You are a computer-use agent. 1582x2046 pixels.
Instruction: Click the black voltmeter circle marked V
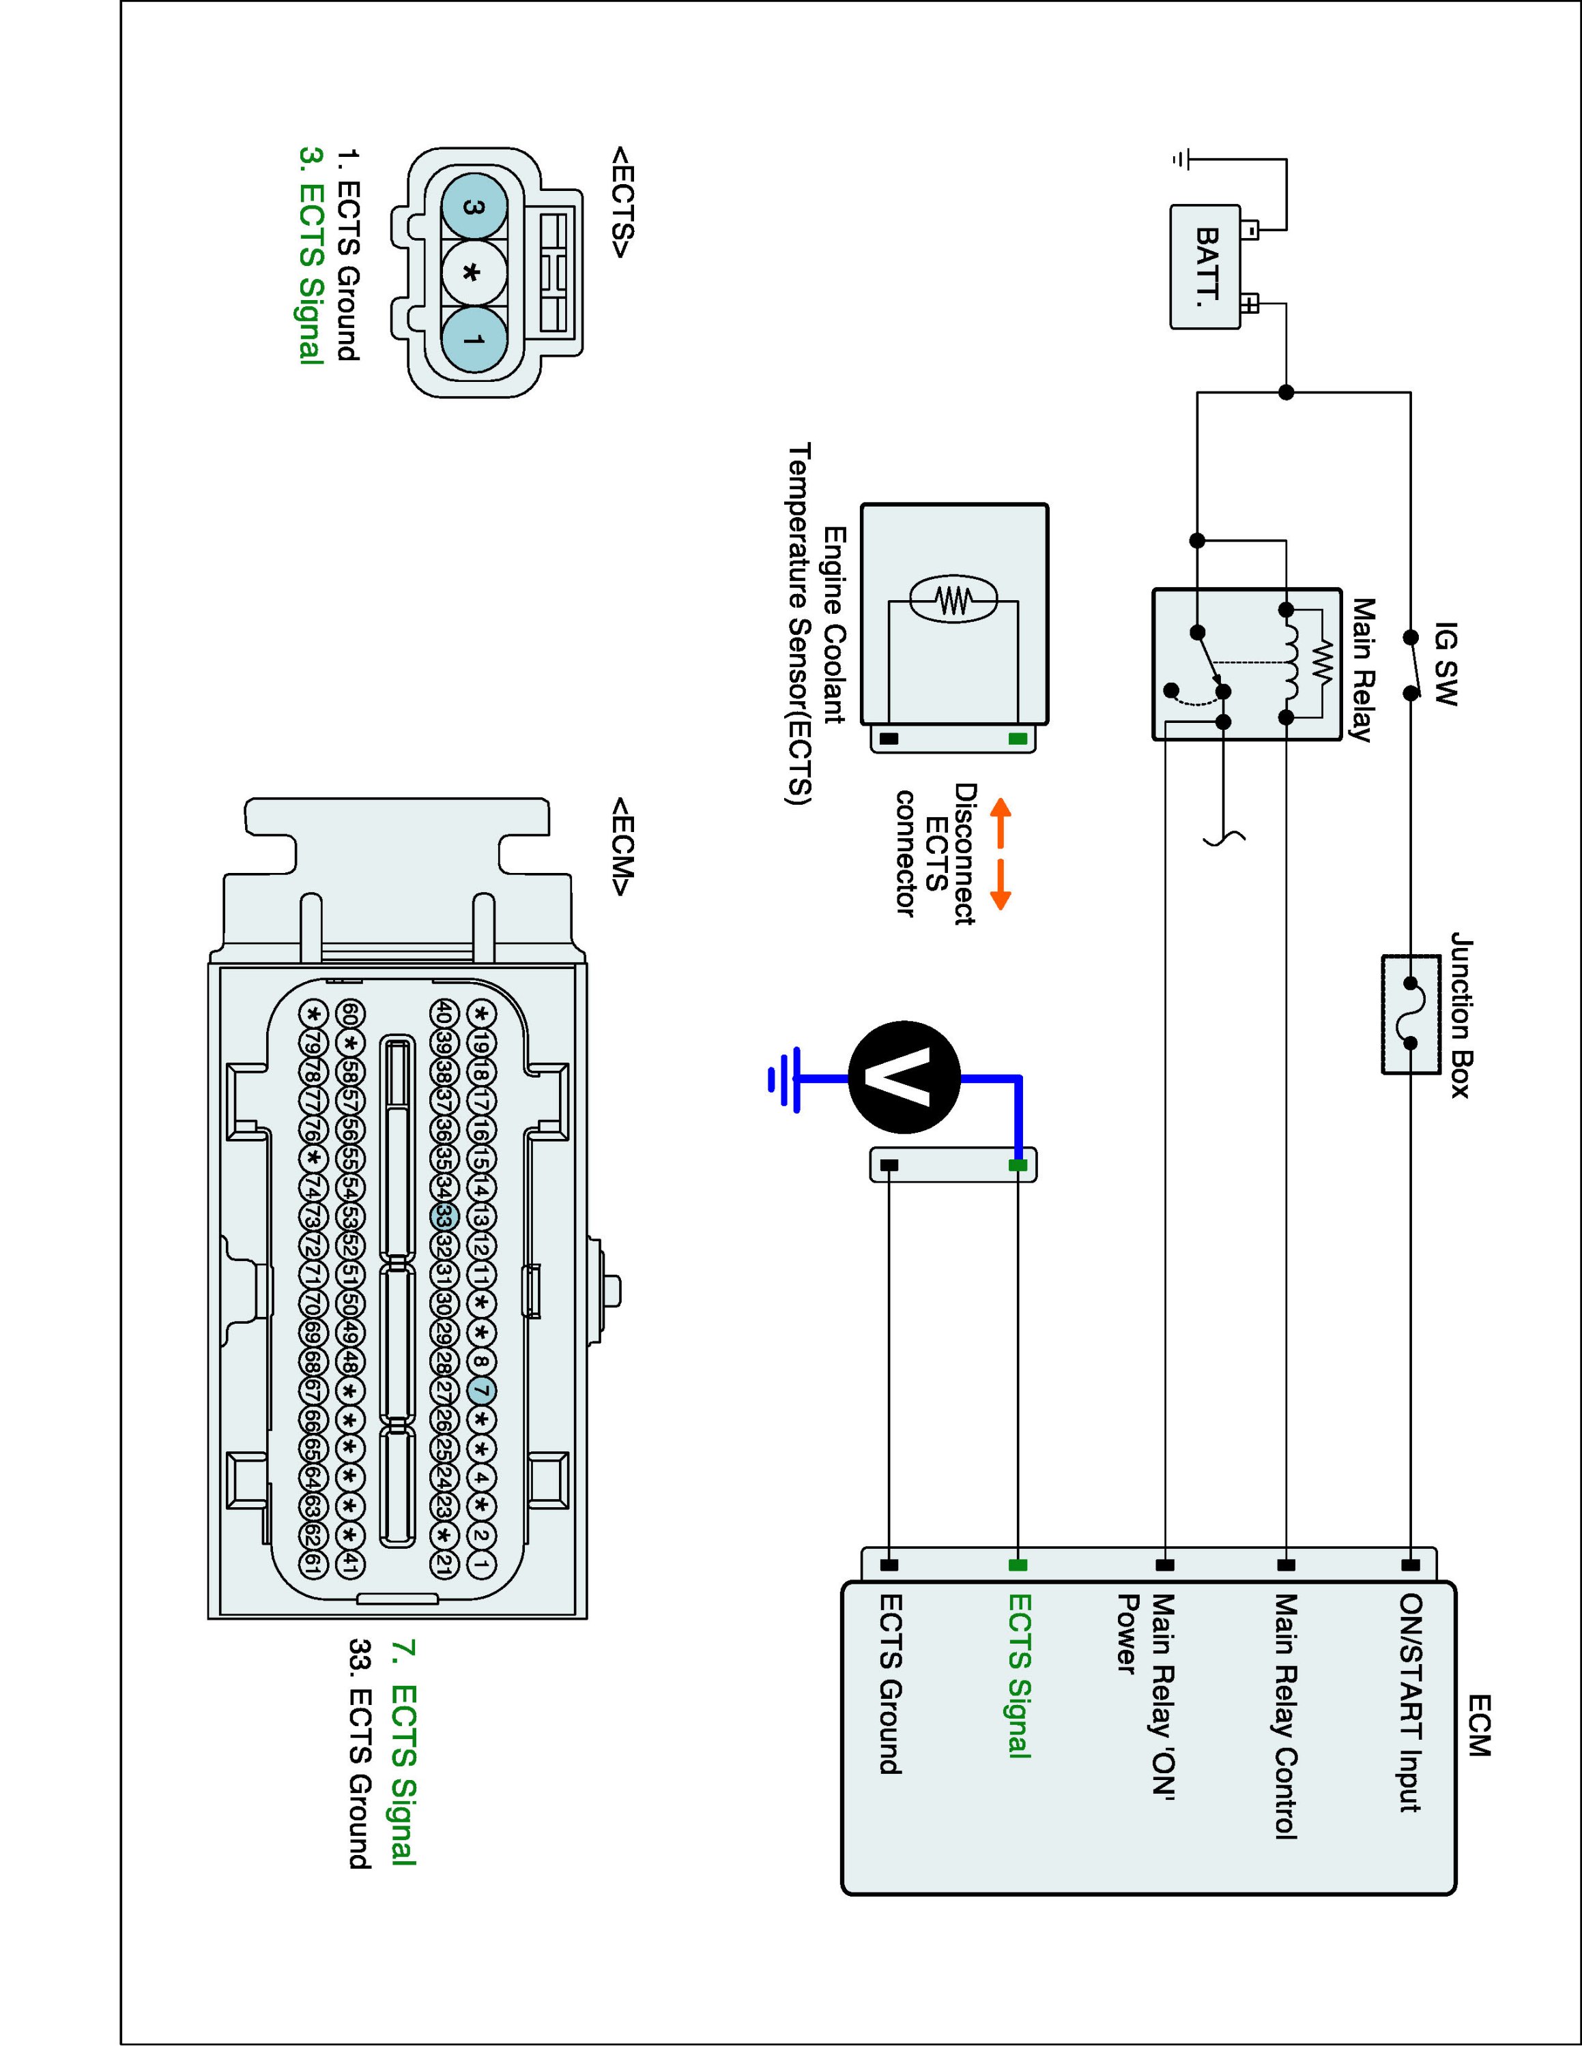click(x=904, y=1078)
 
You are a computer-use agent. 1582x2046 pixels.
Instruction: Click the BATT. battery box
click(x=1206, y=267)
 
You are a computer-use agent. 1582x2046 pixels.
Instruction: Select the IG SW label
click(x=1446, y=664)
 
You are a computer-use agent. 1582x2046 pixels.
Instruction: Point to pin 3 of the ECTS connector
click(x=473, y=207)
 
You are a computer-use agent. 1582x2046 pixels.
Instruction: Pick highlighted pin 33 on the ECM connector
click(x=445, y=1217)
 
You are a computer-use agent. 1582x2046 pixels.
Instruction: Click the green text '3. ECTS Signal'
click(x=311, y=254)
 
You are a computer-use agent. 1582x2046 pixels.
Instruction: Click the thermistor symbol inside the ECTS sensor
click(x=952, y=600)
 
